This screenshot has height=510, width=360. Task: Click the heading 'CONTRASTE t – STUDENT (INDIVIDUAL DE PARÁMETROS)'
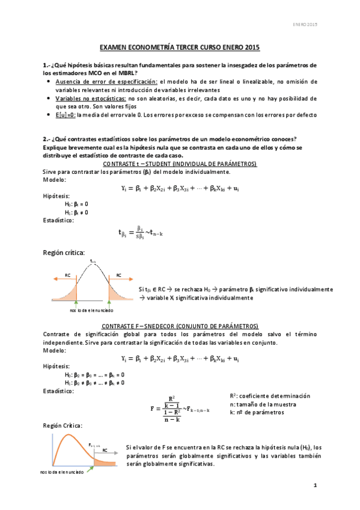pos(180,164)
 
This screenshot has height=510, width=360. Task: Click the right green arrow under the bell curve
pos(109,304)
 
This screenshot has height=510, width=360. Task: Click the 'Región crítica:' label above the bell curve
pos(64,253)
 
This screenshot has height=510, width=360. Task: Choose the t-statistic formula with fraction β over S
pos(139,232)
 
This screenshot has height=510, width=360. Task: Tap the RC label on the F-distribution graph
pos(105,449)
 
